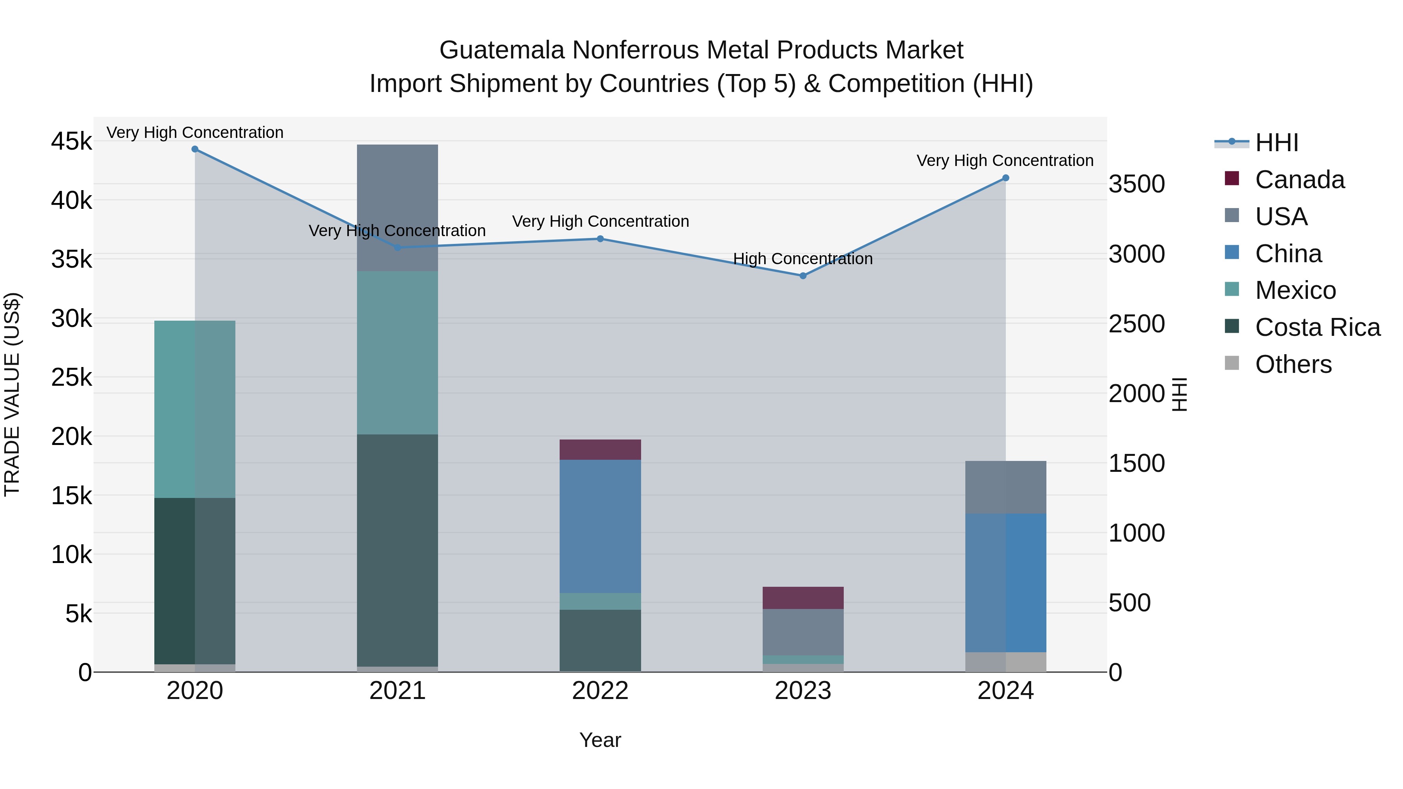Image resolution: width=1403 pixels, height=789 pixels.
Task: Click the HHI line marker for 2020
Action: (195, 149)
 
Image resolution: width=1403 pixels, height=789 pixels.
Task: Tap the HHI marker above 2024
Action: (1005, 178)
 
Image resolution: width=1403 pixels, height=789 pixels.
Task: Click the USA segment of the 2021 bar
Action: (397, 207)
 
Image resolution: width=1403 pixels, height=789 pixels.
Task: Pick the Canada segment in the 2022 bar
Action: (600, 449)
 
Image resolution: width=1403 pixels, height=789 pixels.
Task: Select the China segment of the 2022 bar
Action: (600, 526)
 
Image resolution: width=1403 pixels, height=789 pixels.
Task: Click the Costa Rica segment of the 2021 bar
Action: (397, 550)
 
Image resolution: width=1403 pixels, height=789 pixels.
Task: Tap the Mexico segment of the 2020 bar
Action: (195, 409)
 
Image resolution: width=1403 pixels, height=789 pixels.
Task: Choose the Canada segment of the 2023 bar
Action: (803, 597)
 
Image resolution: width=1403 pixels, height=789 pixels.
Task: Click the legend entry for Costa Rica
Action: (1317, 327)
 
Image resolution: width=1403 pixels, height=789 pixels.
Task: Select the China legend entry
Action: (1288, 254)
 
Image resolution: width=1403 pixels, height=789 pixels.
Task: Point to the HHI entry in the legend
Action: (1276, 143)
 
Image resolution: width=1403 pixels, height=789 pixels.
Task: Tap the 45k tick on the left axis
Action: (71, 141)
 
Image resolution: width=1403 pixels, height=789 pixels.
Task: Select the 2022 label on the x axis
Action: (600, 691)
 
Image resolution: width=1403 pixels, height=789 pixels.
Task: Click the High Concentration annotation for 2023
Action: (803, 259)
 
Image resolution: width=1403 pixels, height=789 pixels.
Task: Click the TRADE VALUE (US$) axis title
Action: (12, 394)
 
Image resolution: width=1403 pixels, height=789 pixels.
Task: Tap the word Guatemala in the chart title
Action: (501, 50)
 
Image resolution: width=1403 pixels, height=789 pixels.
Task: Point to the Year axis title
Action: (600, 740)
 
